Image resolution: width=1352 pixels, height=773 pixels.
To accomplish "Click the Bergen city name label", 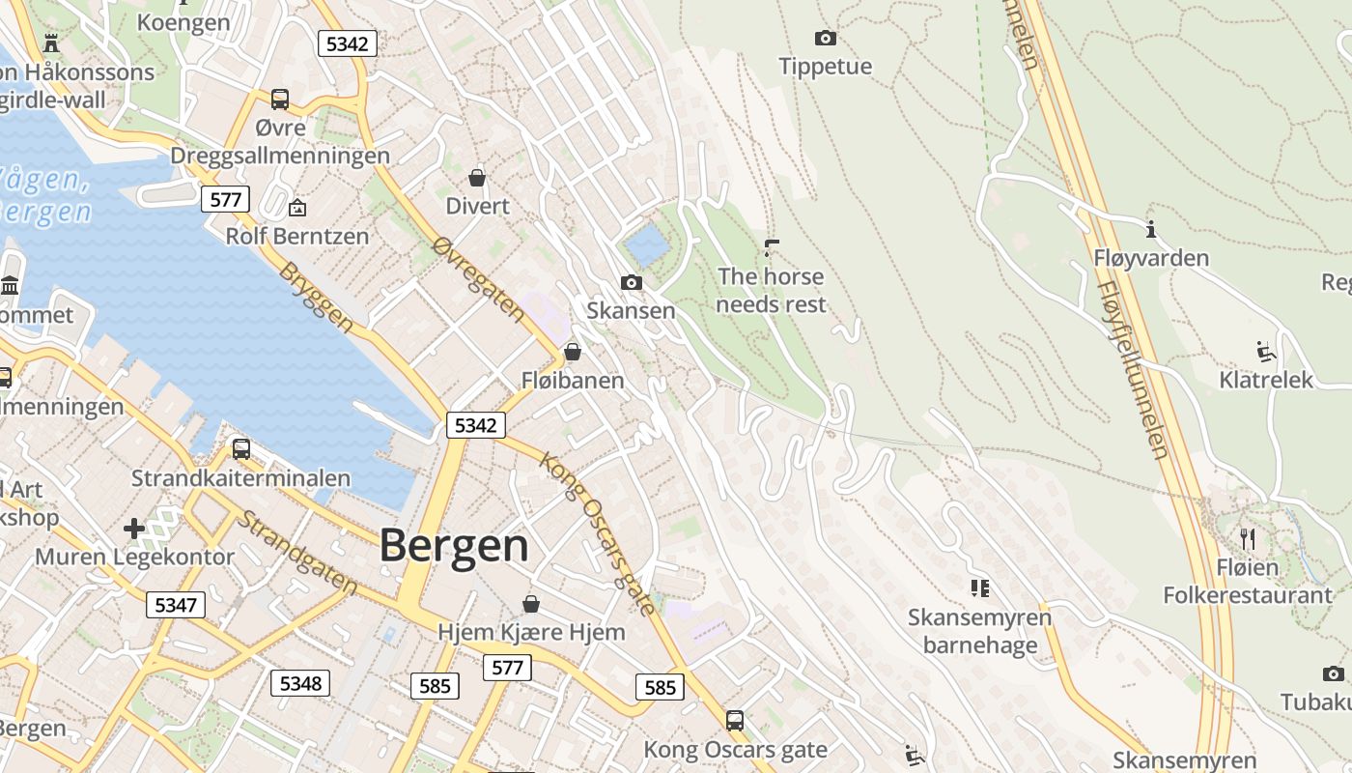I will point(454,546).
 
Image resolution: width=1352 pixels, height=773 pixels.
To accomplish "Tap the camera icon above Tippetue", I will point(825,39).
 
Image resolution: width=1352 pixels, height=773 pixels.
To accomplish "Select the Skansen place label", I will point(631,310).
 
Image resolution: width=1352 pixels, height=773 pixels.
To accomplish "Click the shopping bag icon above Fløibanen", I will point(573,352).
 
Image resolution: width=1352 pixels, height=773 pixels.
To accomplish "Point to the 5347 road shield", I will point(175,606).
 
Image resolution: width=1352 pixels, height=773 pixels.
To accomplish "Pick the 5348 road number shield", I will point(299,683).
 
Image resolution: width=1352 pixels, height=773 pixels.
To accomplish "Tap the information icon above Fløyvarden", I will point(1150,230).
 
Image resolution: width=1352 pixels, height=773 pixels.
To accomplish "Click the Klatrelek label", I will point(1266,380).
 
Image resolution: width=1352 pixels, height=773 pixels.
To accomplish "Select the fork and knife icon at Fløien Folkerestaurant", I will point(1248,538).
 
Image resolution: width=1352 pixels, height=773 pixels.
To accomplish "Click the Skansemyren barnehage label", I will point(979,631).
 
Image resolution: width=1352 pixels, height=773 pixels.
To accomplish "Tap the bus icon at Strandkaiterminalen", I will point(240,449).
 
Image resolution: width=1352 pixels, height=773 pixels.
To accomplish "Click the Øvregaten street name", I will point(479,280).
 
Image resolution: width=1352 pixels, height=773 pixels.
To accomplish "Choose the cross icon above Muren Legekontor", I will point(134,529).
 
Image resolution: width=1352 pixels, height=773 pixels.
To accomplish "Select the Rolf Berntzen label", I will point(297,236).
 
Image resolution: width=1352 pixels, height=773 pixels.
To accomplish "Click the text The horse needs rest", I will point(771,291).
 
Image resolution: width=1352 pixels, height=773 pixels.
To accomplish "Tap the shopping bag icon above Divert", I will point(477,178).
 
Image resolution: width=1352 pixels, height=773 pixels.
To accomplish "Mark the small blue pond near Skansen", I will point(646,244).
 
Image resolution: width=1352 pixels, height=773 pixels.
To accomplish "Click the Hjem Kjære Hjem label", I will point(531,632).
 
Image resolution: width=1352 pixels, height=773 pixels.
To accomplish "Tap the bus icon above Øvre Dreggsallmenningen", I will point(279,99).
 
